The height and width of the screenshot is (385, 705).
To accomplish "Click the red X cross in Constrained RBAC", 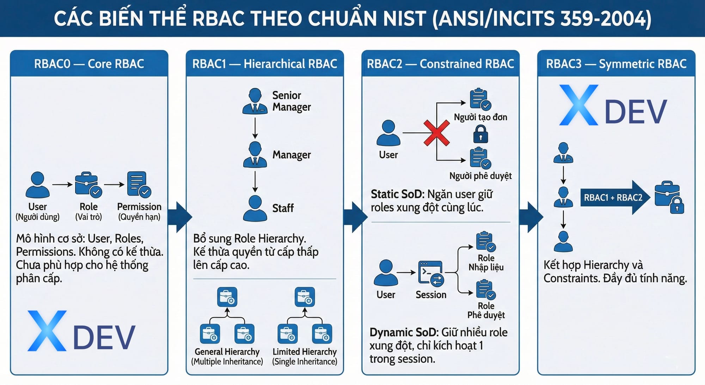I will pos(436,133).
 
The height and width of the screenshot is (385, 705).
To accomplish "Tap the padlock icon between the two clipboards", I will pos(480,134).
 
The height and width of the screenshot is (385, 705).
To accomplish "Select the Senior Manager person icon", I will pos(255,101).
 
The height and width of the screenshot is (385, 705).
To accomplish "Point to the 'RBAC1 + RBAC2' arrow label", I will pos(613,198).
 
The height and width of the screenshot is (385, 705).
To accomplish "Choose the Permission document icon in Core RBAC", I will pos(139,184).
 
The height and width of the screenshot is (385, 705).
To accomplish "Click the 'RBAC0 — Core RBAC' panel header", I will pos(89,64).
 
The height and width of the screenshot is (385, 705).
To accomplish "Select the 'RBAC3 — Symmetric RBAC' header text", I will pos(616,64).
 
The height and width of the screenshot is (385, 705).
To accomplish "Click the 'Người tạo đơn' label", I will pos(480,117).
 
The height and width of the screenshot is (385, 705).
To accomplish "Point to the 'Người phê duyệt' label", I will pos(480,176).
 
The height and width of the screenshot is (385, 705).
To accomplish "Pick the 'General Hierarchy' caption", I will pos(227,352).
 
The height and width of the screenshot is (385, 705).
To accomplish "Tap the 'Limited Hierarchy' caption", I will pos(305,352).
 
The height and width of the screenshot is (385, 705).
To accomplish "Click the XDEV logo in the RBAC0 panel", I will pos(81,331).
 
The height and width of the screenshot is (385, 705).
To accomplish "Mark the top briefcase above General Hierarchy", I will pos(227,297).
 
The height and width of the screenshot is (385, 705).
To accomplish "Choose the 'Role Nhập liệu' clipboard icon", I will pos(485,242).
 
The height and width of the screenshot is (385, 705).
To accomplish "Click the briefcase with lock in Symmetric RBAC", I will pos(669,198).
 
